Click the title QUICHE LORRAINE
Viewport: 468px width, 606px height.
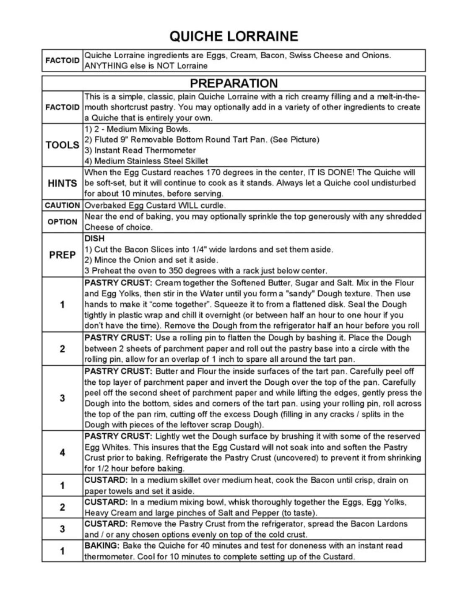[x=234, y=36]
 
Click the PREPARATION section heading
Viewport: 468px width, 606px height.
[x=234, y=83]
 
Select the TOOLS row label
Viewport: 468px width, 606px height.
[x=62, y=145]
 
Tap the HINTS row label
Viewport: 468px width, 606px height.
[x=62, y=183]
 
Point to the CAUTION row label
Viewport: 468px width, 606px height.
[x=62, y=205]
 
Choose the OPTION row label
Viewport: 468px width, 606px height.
[x=62, y=222]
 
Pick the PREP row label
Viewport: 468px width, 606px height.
[x=62, y=255]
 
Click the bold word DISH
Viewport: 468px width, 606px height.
[x=94, y=238]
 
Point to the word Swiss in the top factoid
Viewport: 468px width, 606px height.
[x=300, y=55]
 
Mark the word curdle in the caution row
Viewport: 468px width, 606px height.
[x=214, y=205]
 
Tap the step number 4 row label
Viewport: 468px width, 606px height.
[x=62, y=453]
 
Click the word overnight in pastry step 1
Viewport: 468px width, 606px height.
[x=251, y=315]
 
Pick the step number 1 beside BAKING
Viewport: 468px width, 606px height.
[x=62, y=551]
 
